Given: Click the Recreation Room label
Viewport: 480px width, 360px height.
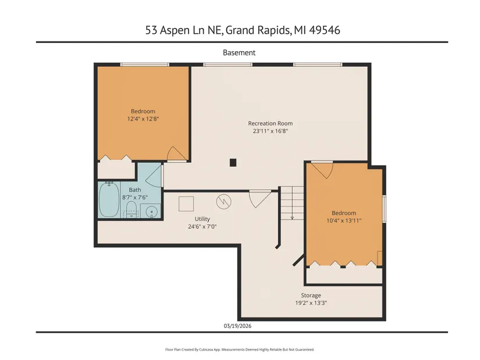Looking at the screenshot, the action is [271, 123].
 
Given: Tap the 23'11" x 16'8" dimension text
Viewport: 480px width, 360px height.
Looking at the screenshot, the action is [271, 131].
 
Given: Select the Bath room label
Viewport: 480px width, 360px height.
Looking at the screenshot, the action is [135, 190].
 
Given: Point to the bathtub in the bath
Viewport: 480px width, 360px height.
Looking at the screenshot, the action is [109, 199].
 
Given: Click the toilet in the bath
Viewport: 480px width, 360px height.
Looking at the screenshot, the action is [131, 209].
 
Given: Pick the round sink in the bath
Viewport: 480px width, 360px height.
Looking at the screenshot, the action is [151, 212].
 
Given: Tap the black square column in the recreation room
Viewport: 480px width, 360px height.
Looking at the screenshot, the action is [233, 162].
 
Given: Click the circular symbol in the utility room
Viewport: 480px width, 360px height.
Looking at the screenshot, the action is [224, 202].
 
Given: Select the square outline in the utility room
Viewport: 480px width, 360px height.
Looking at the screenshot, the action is [186, 204].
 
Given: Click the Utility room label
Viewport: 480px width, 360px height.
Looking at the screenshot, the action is [202, 219].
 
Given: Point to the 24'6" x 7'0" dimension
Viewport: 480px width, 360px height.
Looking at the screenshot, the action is [202, 227].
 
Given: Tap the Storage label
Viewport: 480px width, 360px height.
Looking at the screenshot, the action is [311, 295].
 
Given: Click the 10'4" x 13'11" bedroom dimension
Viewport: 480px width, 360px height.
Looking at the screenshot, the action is [344, 220].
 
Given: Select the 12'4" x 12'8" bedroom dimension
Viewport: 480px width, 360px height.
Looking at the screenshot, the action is [143, 119].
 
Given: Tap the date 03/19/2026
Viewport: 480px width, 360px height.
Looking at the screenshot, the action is [237, 326].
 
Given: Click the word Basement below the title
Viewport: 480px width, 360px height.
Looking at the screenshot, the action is [239, 53].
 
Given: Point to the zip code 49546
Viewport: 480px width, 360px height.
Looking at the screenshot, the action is [325, 30].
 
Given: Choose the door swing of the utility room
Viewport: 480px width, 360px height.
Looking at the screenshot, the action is [260, 198].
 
